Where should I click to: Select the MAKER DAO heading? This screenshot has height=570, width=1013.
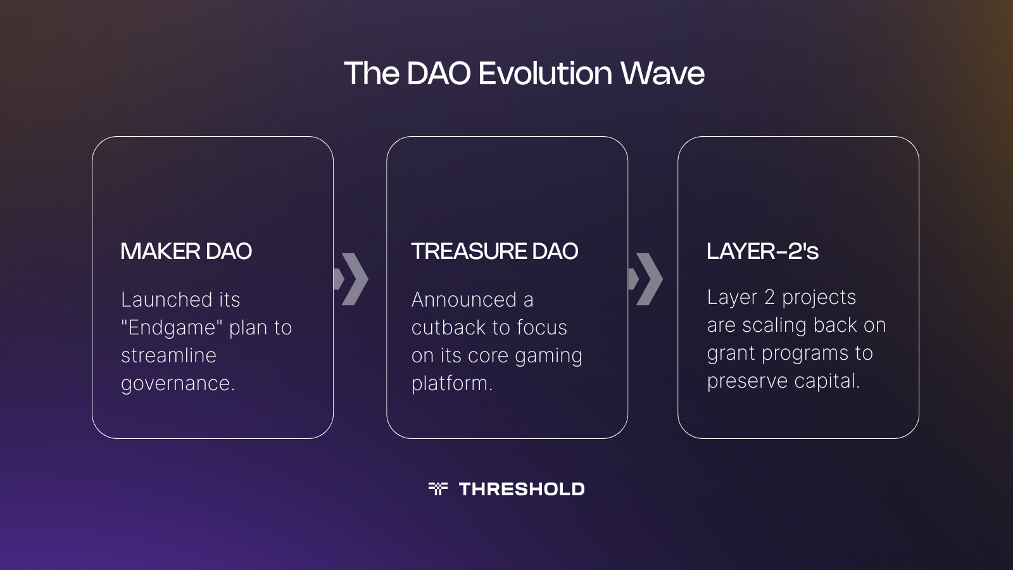(186, 251)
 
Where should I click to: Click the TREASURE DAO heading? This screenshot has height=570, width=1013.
(494, 251)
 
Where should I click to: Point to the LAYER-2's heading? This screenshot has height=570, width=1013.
(762, 251)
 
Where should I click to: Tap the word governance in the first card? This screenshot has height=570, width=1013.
(177, 384)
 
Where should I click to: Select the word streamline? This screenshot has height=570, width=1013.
(168, 355)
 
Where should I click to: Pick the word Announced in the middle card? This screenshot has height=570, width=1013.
(464, 300)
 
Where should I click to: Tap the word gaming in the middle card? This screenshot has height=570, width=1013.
(548, 356)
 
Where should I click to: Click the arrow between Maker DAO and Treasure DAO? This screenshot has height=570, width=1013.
(352, 279)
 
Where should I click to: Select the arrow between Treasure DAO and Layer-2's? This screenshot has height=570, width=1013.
(646, 279)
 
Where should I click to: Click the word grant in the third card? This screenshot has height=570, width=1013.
(731, 353)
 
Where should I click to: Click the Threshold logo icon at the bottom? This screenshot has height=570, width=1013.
(437, 488)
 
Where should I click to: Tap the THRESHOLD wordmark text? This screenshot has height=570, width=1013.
(522, 489)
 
